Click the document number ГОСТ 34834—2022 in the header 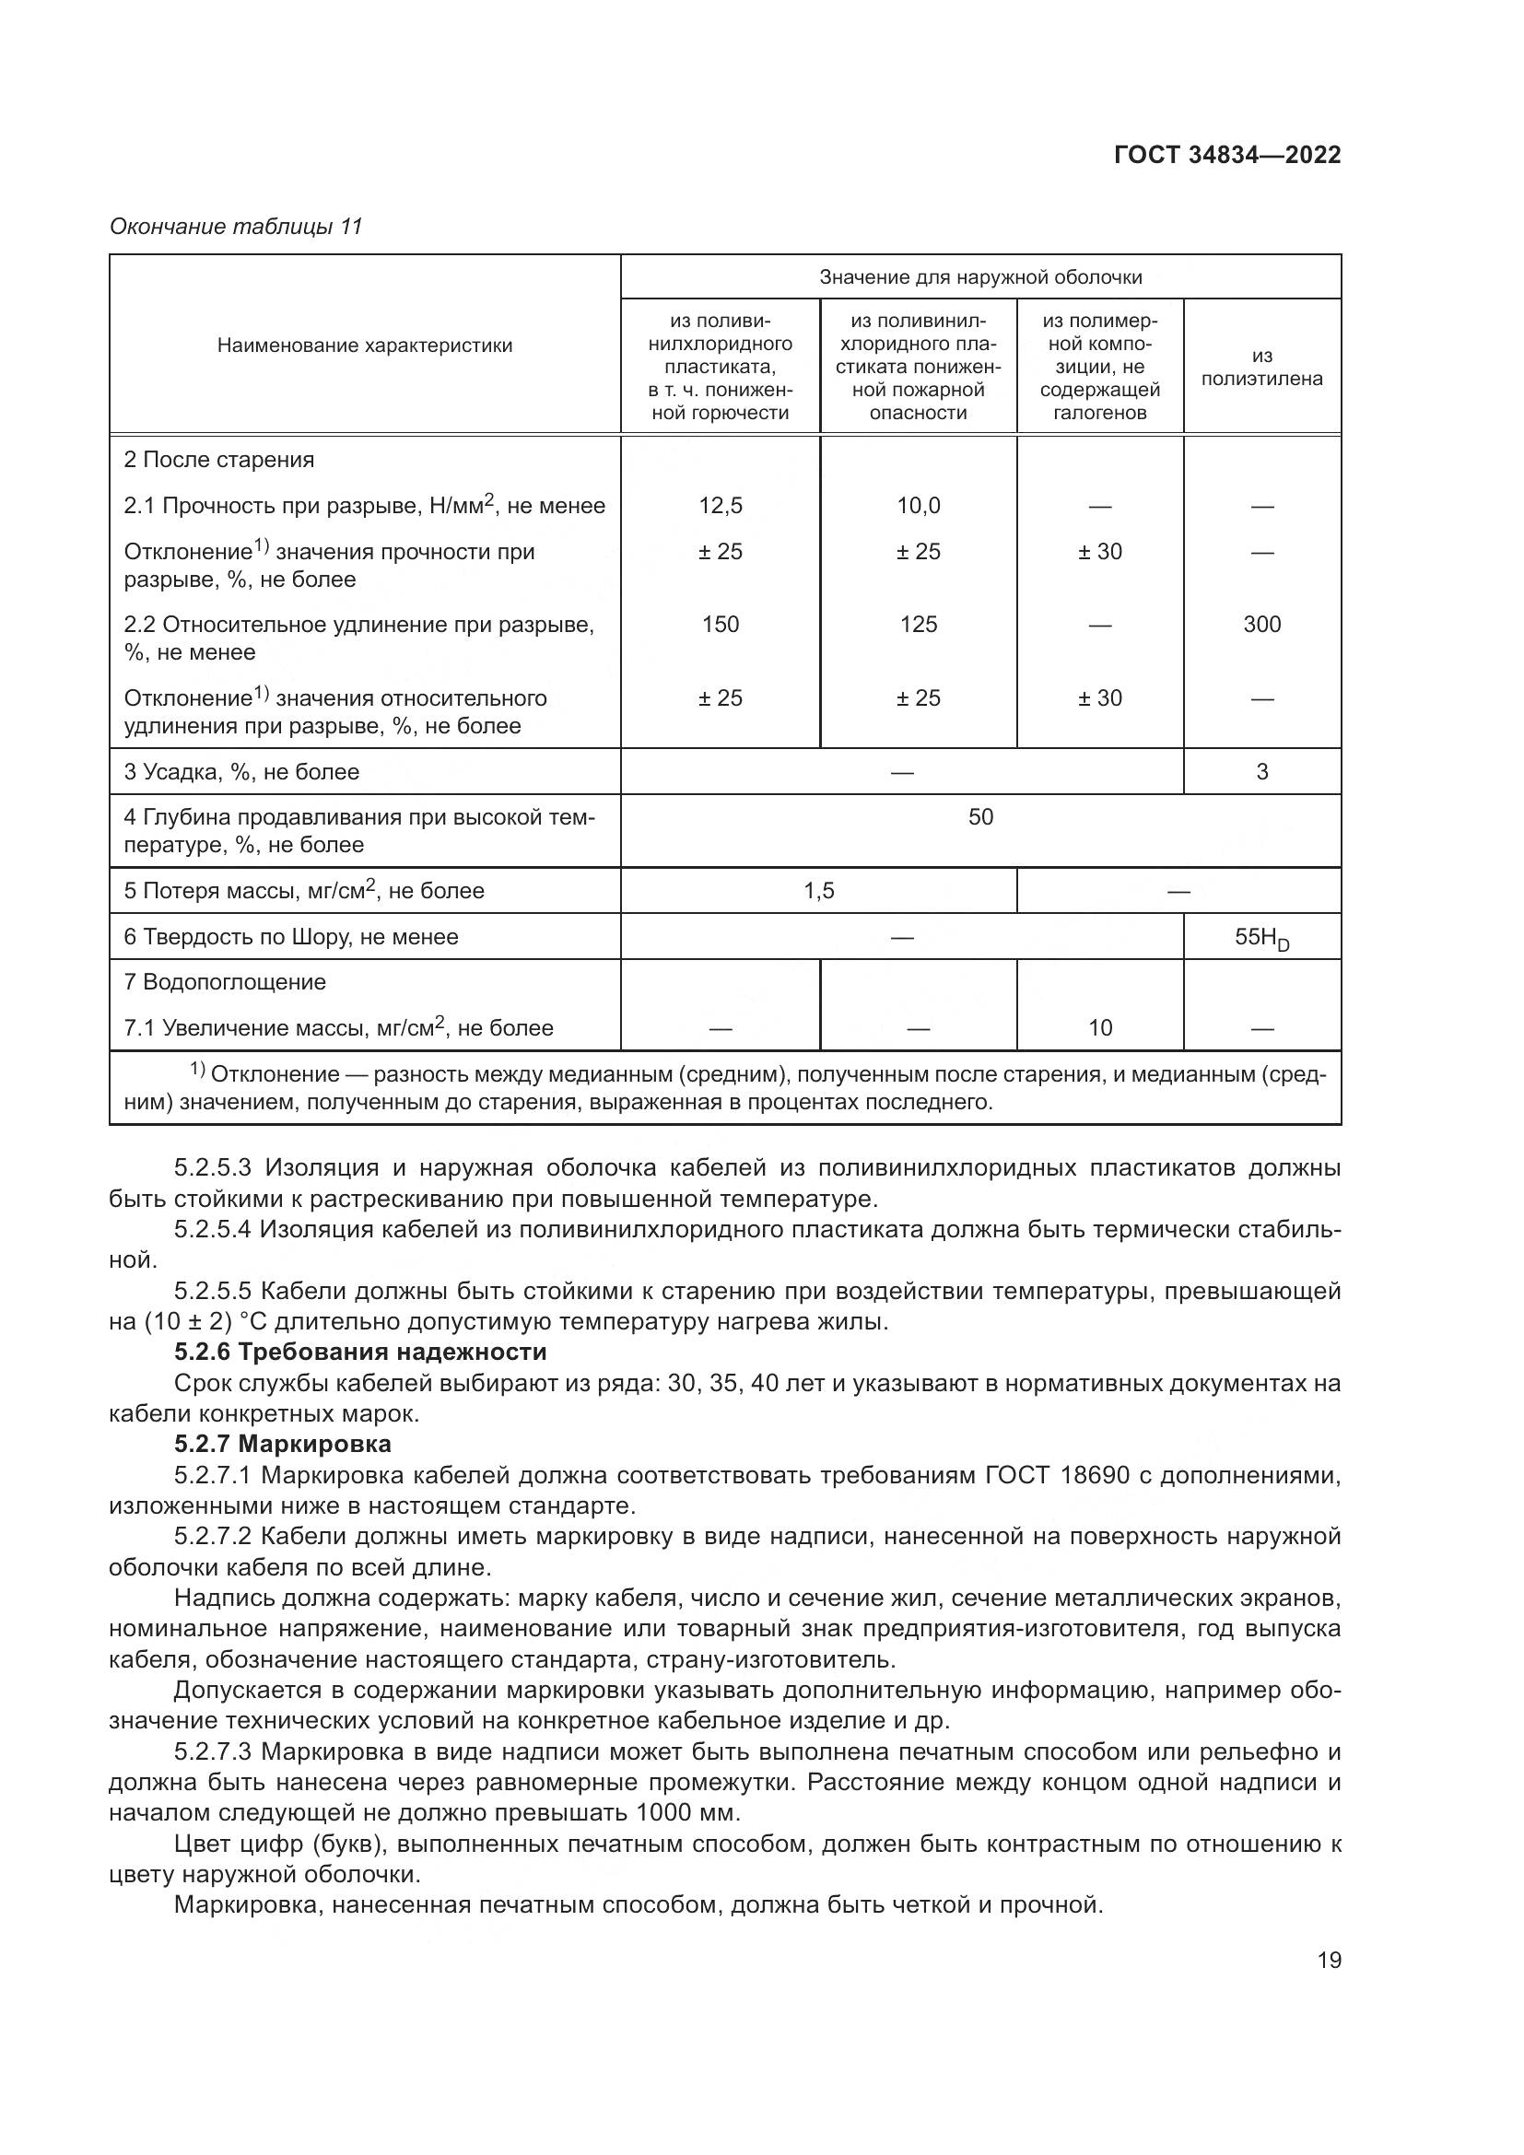pyautogui.click(x=1227, y=155)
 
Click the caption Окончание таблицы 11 pyautogui.click(x=236, y=227)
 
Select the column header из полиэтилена pyautogui.click(x=1261, y=367)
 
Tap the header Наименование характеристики pyautogui.click(x=365, y=346)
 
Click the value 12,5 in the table pyautogui.click(x=720, y=506)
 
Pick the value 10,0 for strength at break pyautogui.click(x=918, y=506)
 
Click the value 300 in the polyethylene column pyautogui.click(x=1261, y=624)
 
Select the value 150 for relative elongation pyautogui.click(x=720, y=624)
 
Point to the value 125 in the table pyautogui.click(x=918, y=624)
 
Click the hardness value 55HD pyautogui.click(x=1261, y=938)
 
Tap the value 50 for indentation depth pyautogui.click(x=979, y=816)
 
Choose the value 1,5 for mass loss pyautogui.click(x=818, y=891)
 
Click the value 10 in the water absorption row pyautogui.click(x=1100, y=1028)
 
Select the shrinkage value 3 pyautogui.click(x=1261, y=771)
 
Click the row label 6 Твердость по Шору pyautogui.click(x=291, y=937)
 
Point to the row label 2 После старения pyautogui.click(x=218, y=460)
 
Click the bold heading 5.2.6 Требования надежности pyautogui.click(x=360, y=1353)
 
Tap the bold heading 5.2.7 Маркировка pyautogui.click(x=283, y=1444)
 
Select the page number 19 pyautogui.click(x=1329, y=1960)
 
